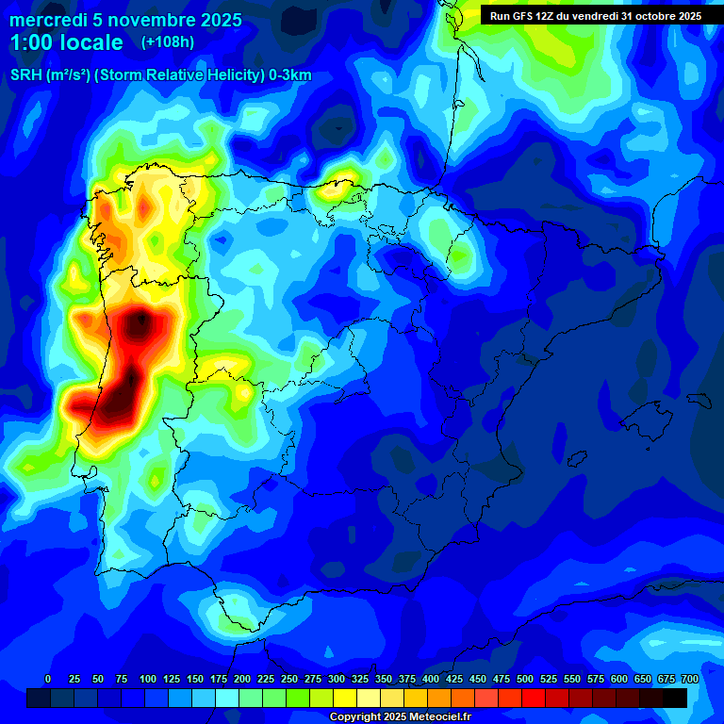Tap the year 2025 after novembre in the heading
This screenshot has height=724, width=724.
coord(219,20)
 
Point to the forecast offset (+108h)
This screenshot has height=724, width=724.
coord(167,42)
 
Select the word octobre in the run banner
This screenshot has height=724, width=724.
coord(652,16)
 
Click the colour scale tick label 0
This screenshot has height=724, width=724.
coord(48,679)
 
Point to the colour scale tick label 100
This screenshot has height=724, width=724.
coord(147,679)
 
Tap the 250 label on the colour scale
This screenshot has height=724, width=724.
coord(289,679)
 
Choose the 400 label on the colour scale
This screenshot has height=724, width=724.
coord(431,679)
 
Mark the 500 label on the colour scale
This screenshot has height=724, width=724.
coord(525,679)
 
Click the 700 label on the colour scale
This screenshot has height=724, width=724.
coord(690,679)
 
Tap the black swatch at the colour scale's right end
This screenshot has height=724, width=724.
coord(674,698)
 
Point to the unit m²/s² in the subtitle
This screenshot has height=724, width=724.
coord(66,75)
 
